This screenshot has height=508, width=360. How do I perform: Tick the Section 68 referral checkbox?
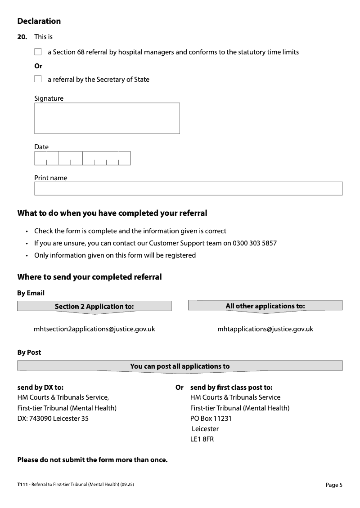click(38, 52)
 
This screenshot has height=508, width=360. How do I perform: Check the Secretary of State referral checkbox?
click(38, 79)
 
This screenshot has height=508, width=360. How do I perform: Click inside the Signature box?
click(107, 118)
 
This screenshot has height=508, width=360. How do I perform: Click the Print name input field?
click(188, 188)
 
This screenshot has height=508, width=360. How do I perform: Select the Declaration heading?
click(39, 21)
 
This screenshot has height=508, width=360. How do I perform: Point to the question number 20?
click(22, 37)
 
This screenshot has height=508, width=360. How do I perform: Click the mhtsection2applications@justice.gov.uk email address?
click(94, 329)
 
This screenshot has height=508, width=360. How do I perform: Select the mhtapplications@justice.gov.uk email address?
click(265, 329)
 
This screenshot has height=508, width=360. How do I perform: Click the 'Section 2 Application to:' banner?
click(94, 307)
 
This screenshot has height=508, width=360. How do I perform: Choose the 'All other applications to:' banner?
click(265, 306)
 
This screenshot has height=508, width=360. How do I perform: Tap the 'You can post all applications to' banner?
click(180, 366)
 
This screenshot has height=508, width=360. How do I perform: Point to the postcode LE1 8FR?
click(202, 439)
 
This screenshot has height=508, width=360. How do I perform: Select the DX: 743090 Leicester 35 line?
click(53, 419)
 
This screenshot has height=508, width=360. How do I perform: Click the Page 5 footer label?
click(334, 485)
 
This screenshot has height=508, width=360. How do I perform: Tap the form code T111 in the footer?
click(22, 484)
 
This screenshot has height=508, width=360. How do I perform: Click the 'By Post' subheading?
click(29, 352)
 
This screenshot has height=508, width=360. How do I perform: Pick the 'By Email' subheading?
click(31, 293)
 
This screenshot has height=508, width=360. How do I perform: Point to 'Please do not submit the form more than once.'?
click(92, 460)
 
